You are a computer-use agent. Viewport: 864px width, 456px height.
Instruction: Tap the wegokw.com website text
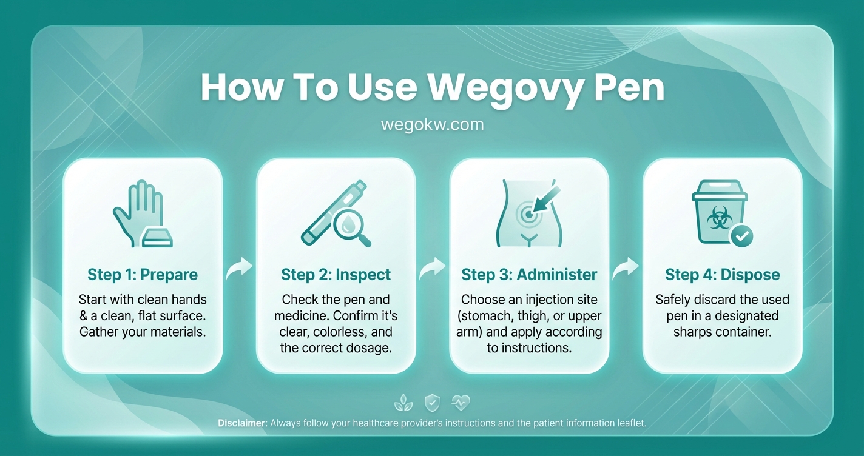click(x=432, y=124)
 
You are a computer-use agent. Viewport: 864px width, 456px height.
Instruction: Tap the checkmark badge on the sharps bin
click(x=741, y=236)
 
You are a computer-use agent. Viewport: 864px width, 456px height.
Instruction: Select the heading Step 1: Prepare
click(x=143, y=275)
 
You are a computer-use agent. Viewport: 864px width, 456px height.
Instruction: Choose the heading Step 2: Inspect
click(x=336, y=275)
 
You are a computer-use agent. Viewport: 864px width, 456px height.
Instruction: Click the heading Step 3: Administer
click(x=529, y=275)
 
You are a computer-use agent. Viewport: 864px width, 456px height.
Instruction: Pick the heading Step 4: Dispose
click(x=722, y=275)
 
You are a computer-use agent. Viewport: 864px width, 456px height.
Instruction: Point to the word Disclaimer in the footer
click(x=242, y=423)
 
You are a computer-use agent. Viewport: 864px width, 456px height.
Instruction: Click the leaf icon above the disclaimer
click(x=402, y=402)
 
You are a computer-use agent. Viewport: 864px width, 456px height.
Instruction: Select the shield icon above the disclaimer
click(x=432, y=402)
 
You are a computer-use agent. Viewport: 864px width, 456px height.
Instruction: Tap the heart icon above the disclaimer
click(x=461, y=402)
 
